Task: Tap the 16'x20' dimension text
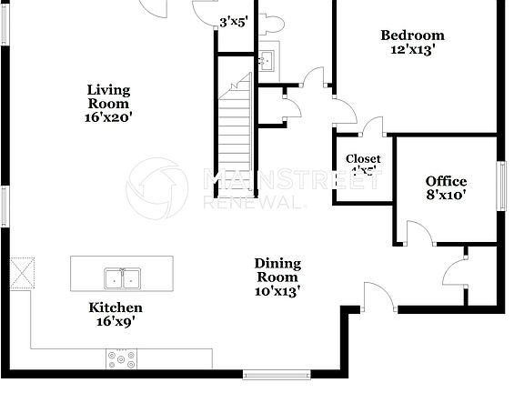pyautogui.click(x=108, y=116)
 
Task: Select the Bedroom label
pyautogui.click(x=412, y=35)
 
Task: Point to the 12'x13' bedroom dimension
pyautogui.click(x=412, y=51)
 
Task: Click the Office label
pyautogui.click(x=446, y=181)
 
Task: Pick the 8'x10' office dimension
pyautogui.click(x=446, y=196)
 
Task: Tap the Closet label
pyautogui.click(x=363, y=158)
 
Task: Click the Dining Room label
pyautogui.click(x=277, y=270)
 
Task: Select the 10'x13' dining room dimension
pyautogui.click(x=277, y=291)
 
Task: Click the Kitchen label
pyautogui.click(x=115, y=307)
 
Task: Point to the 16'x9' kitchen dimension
pyautogui.click(x=115, y=321)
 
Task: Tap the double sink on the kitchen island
pyautogui.click(x=121, y=277)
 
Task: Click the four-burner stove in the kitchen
pyautogui.click(x=122, y=359)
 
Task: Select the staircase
pyautogui.click(x=235, y=136)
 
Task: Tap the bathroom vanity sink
pyautogui.click(x=267, y=62)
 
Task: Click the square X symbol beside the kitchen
pyautogui.click(x=21, y=272)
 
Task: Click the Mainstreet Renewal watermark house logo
pyautogui.click(x=156, y=188)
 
